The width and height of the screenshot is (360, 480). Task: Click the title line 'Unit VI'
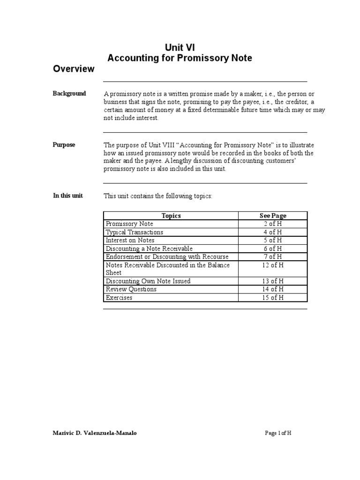click(x=180, y=47)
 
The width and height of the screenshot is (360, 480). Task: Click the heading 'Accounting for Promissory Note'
click(x=180, y=58)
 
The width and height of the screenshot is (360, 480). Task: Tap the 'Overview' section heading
click(x=74, y=69)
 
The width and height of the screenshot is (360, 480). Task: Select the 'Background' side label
click(x=69, y=94)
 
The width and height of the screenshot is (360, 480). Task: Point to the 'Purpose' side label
click(x=64, y=145)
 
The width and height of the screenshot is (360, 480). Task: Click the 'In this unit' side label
click(x=68, y=195)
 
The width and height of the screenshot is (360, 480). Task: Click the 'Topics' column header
click(x=171, y=216)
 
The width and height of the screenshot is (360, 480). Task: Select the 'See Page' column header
click(x=273, y=216)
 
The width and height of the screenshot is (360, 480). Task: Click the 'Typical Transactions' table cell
click(x=135, y=232)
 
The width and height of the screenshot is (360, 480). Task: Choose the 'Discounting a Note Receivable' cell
click(x=149, y=248)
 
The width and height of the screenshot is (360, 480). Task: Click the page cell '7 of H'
click(x=273, y=256)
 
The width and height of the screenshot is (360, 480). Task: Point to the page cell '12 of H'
click(x=273, y=265)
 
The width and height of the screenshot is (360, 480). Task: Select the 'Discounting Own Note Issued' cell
click(x=148, y=281)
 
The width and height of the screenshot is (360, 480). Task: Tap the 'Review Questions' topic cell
click(x=131, y=289)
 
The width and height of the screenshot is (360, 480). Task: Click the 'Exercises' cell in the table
click(x=119, y=298)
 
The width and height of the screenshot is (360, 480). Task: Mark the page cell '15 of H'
click(x=273, y=298)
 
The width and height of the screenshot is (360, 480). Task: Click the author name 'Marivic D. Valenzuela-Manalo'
click(x=95, y=433)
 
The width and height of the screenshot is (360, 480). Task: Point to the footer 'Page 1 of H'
click(x=278, y=433)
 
